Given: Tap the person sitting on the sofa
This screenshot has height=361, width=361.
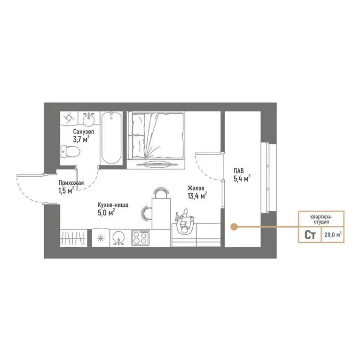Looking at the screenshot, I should point(185,221).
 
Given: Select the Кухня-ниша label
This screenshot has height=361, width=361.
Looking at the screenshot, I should point(113,204).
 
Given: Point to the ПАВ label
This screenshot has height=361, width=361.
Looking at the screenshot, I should point(239,171).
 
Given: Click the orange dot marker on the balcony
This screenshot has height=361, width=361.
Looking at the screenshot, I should point(234,227).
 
